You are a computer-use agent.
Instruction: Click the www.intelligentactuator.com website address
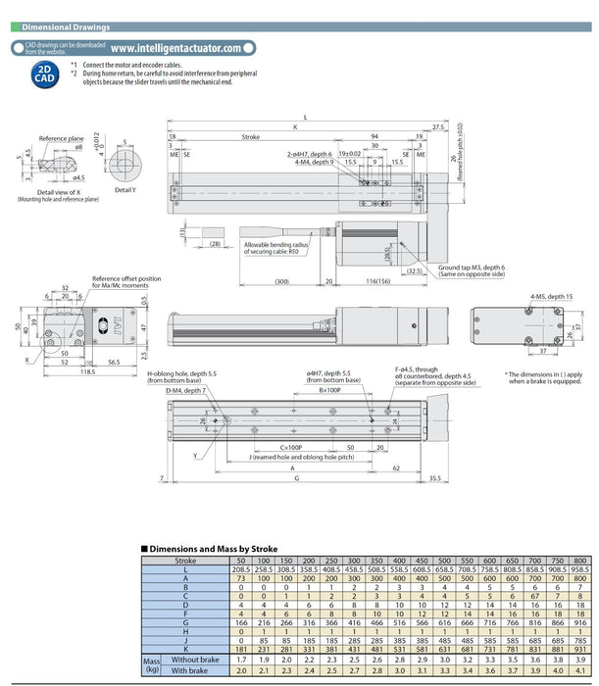pos(175,47)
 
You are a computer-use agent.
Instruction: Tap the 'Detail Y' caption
pos(125,188)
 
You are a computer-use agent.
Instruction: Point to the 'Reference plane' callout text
pos(60,139)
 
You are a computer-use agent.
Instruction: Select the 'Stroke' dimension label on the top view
pos(250,137)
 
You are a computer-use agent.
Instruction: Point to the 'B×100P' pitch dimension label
pos(327,390)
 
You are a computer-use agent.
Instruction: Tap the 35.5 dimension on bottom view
pos(433,479)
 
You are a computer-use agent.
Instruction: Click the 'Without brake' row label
pos(193,661)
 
